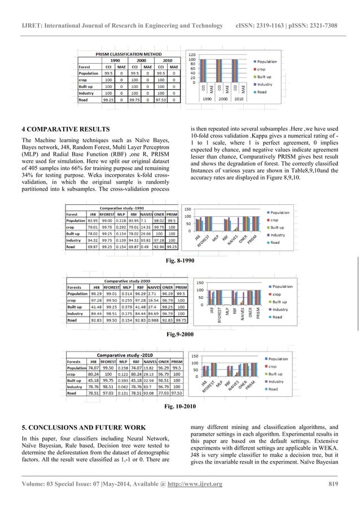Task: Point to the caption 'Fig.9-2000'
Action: pyautogui.click(x=179, y=335)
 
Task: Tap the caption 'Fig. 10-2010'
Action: pyautogui.click(x=179, y=406)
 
